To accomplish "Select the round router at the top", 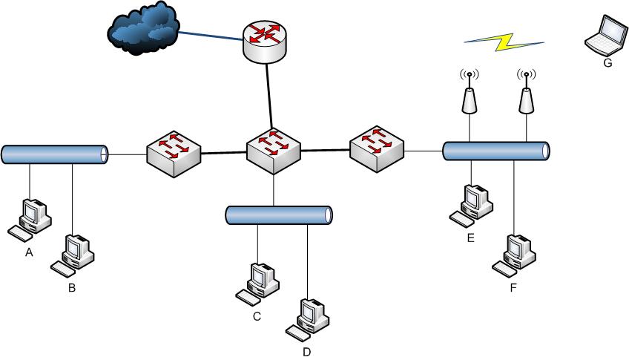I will pos(265,40).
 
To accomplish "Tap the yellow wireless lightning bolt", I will pos(504,42).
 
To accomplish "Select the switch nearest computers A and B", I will pos(173,153).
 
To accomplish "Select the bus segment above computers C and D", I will pos(278,215).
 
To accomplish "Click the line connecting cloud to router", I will pos(208,36).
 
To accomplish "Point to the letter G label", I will pos(607,64).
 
